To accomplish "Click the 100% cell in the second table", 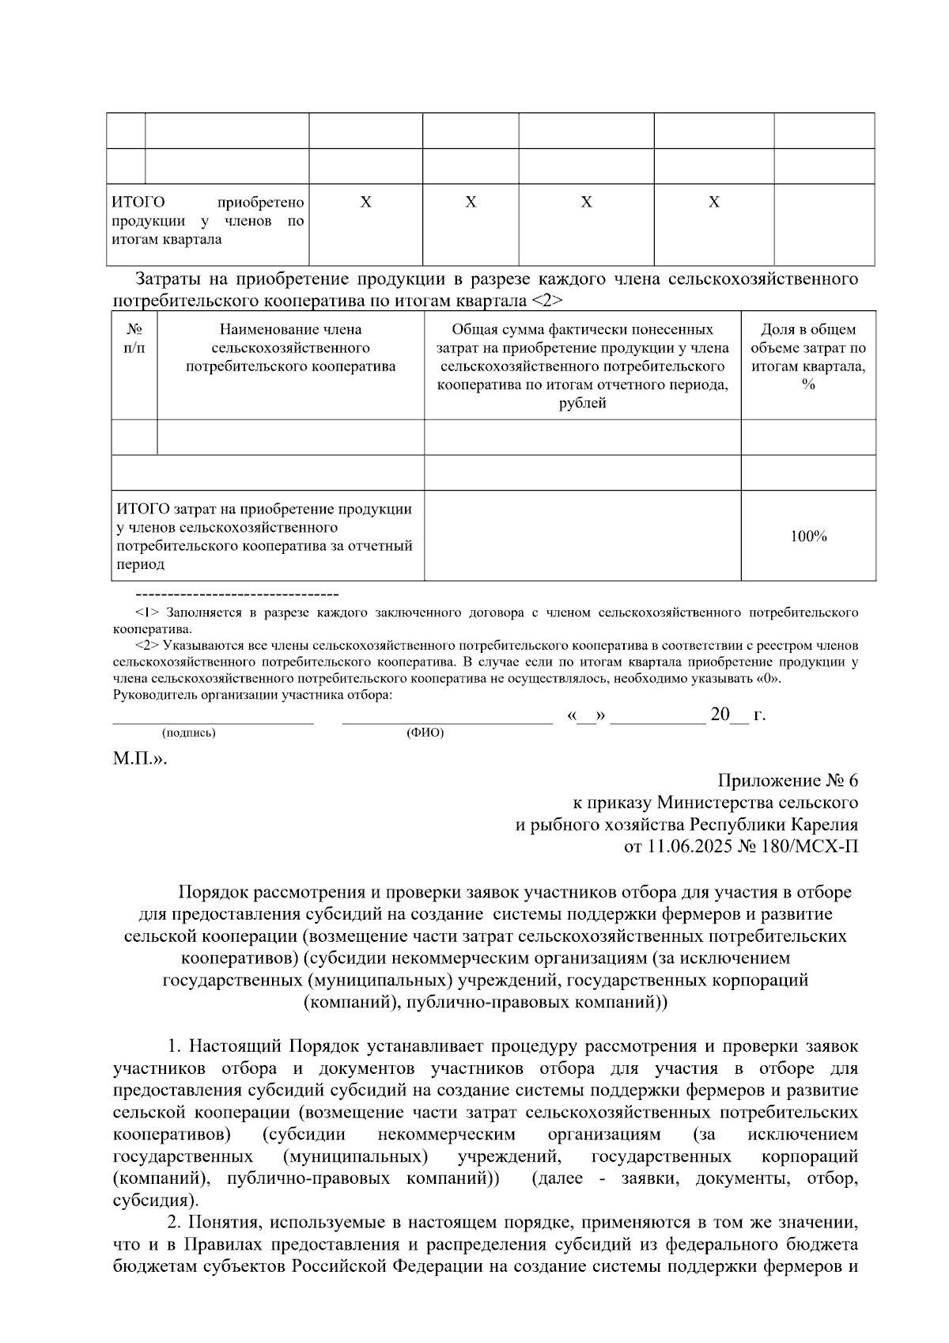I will pos(808,537).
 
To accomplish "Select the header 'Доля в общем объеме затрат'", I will pos(808,357).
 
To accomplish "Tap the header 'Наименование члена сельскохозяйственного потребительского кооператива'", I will pos(290,348).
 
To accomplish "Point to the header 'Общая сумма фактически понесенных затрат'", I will pos(582,366).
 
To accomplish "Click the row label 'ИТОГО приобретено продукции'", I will pos(207,221).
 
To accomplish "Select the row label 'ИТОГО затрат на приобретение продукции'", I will pos(267,536).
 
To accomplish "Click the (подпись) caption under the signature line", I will pos(188,734).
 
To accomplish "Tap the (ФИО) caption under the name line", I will pos(425,734).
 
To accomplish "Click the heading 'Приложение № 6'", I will pos(787,781).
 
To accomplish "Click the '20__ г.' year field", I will pos(738,715).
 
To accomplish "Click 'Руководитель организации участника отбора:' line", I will pos(253,696).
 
